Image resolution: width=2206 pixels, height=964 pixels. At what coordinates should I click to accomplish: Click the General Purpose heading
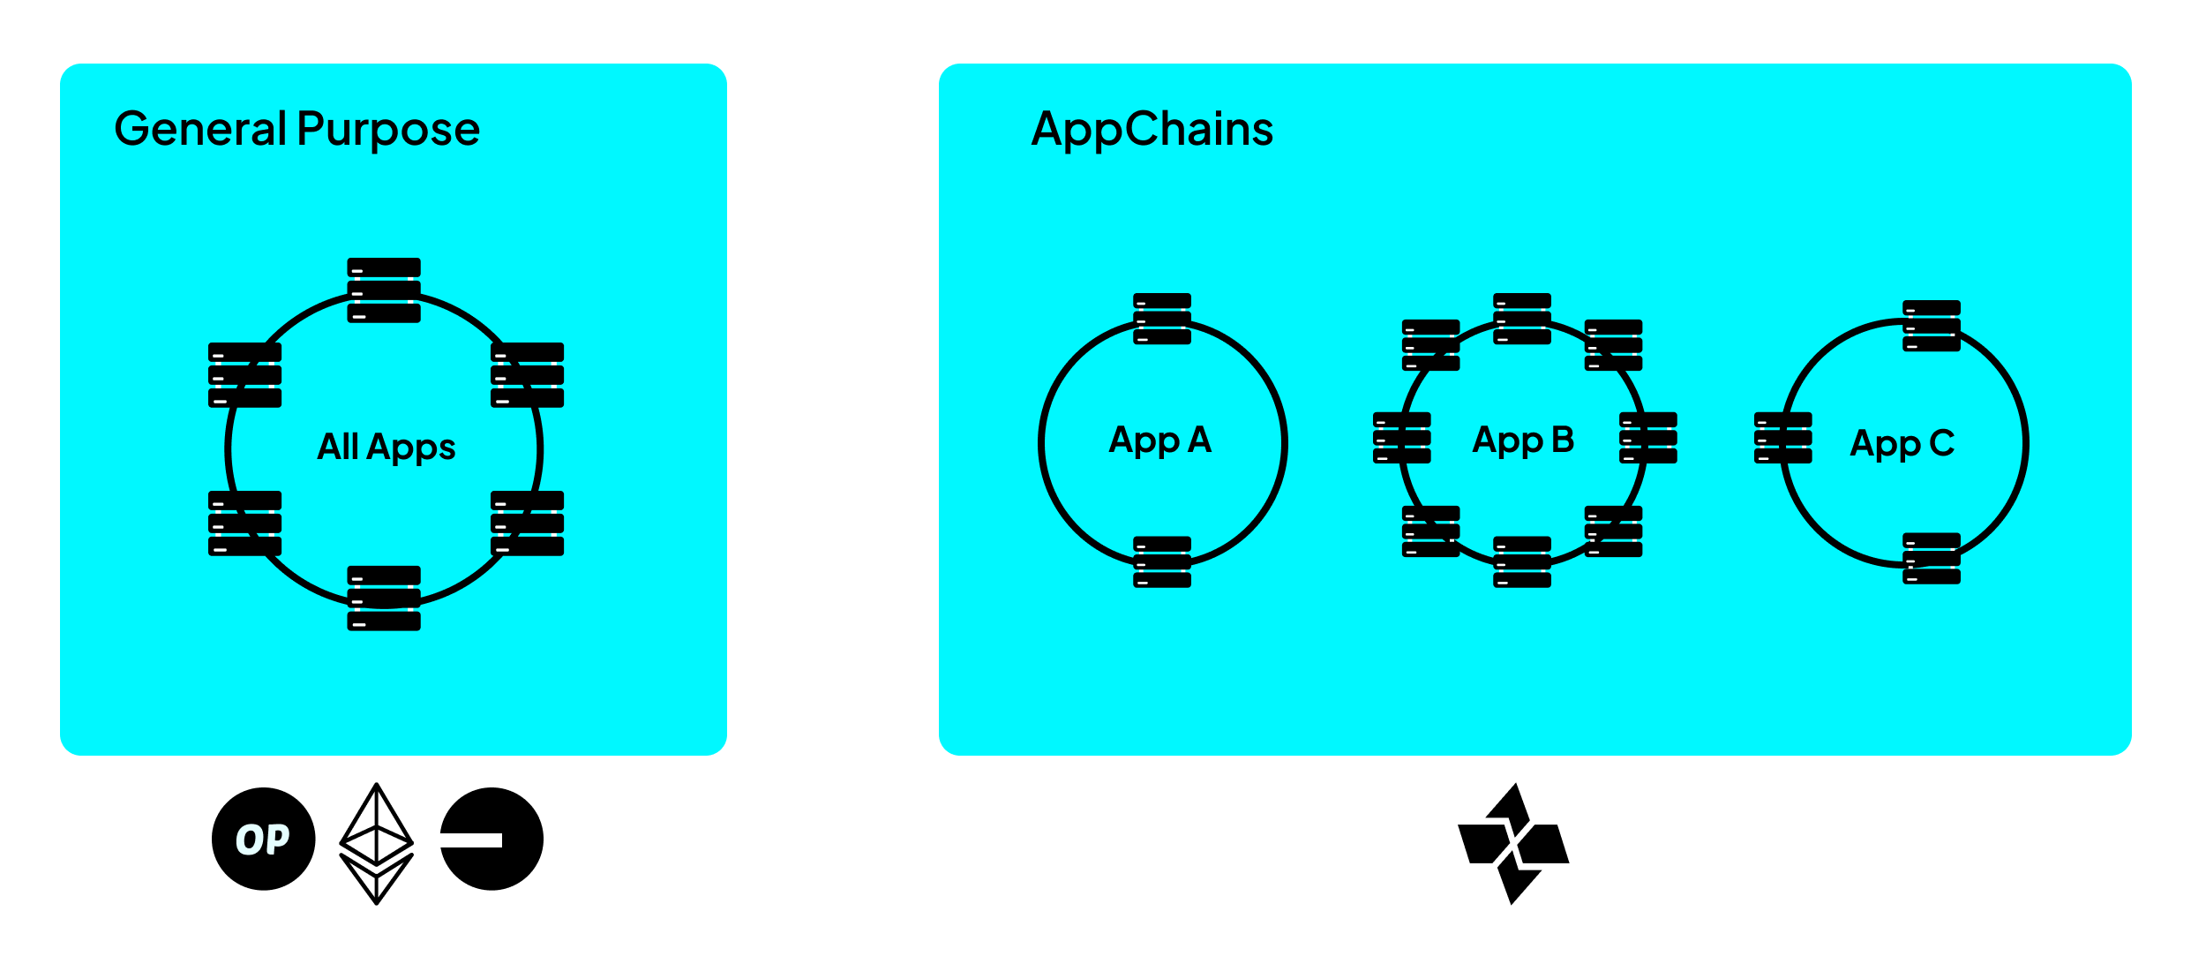296,129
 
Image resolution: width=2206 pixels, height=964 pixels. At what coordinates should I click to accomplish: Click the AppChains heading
1152,129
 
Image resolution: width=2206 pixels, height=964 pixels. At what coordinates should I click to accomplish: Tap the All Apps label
386,447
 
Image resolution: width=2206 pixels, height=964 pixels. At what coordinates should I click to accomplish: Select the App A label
1160,440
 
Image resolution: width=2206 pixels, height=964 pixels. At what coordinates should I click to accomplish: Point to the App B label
1523,440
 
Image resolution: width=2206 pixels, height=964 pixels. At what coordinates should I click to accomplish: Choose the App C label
1902,443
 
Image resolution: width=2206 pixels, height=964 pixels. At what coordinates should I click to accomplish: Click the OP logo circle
263,839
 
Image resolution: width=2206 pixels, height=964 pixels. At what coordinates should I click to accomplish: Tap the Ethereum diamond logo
377,843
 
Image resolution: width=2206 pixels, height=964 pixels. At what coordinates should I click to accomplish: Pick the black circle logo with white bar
491,839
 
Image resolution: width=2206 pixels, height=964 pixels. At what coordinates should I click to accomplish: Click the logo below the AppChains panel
1513,843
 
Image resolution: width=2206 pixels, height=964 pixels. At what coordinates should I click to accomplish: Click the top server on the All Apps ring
384,290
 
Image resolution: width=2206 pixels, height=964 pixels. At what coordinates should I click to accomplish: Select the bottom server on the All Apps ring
384,598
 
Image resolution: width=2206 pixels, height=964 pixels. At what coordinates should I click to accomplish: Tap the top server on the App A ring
1162,319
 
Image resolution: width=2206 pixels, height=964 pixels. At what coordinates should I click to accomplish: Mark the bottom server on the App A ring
1162,561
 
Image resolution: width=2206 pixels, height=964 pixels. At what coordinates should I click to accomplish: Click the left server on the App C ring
1783,438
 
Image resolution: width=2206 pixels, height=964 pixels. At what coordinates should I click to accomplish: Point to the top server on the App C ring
1932,326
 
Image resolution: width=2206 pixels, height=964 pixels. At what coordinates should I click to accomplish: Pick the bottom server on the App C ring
1932,558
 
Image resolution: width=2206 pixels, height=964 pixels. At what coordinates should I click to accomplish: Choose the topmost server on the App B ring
1522,319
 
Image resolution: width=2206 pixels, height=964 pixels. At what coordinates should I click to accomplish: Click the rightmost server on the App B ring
1648,438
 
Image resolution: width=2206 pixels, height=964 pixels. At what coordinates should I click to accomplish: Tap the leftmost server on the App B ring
1402,438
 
